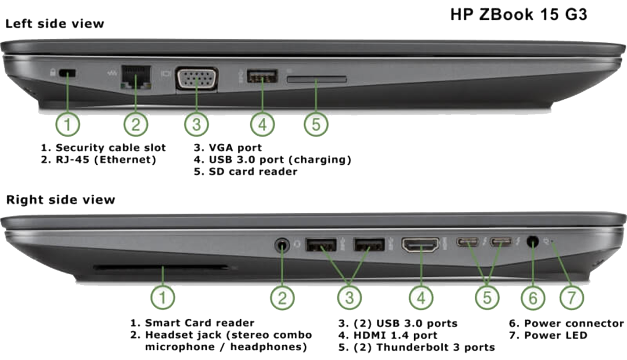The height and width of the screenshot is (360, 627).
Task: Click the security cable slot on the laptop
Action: (67, 73)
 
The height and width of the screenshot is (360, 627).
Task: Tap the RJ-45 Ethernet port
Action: (135, 77)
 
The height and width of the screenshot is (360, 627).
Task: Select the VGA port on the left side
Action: (197, 78)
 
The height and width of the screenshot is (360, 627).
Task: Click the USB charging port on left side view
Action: (262, 75)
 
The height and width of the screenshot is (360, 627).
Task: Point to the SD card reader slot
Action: (316, 79)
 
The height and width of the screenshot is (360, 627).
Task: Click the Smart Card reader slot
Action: (161, 267)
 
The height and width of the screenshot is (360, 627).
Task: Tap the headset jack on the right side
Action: (282, 244)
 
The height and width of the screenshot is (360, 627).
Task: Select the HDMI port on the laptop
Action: (420, 245)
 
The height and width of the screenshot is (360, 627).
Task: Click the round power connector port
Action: (532, 242)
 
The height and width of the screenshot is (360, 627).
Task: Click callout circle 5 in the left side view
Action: (316, 124)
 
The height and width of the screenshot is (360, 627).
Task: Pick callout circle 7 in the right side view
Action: (571, 298)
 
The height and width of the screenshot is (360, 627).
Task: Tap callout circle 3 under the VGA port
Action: (196, 124)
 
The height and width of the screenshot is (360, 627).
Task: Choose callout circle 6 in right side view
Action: (532, 298)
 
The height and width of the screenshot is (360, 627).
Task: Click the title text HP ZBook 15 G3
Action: (518, 15)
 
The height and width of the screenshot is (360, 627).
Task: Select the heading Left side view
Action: (55, 24)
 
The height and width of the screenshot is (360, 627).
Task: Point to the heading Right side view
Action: (60, 199)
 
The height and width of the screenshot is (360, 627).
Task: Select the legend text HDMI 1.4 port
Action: (395, 335)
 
